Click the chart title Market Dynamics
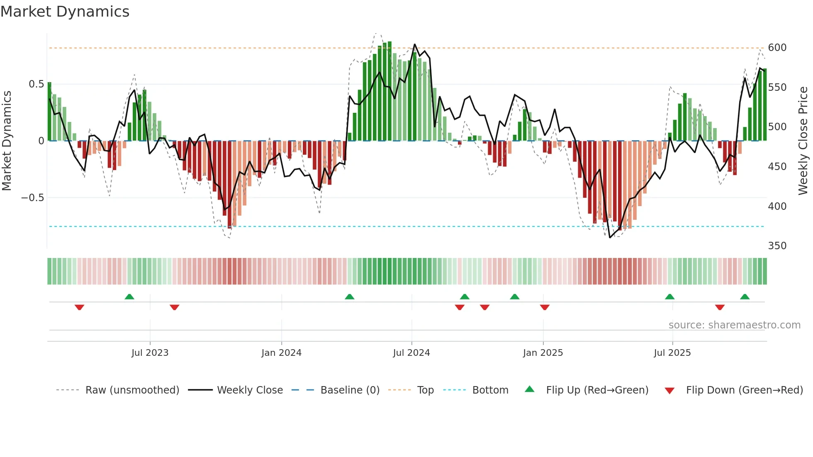(x=65, y=12)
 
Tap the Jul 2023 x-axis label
(x=150, y=353)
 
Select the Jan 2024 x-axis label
(x=281, y=353)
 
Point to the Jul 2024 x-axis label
(x=411, y=353)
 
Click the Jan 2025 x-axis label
(x=543, y=353)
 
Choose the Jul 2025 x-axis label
(x=672, y=353)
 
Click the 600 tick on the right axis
(x=777, y=48)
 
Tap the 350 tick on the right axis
(x=777, y=246)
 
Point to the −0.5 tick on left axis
(x=32, y=198)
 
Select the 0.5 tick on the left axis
(x=36, y=84)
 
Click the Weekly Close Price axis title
(x=803, y=141)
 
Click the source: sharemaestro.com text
(x=734, y=325)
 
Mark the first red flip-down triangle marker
(x=79, y=307)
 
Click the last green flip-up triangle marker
(x=745, y=297)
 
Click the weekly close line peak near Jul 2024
(x=414, y=44)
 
